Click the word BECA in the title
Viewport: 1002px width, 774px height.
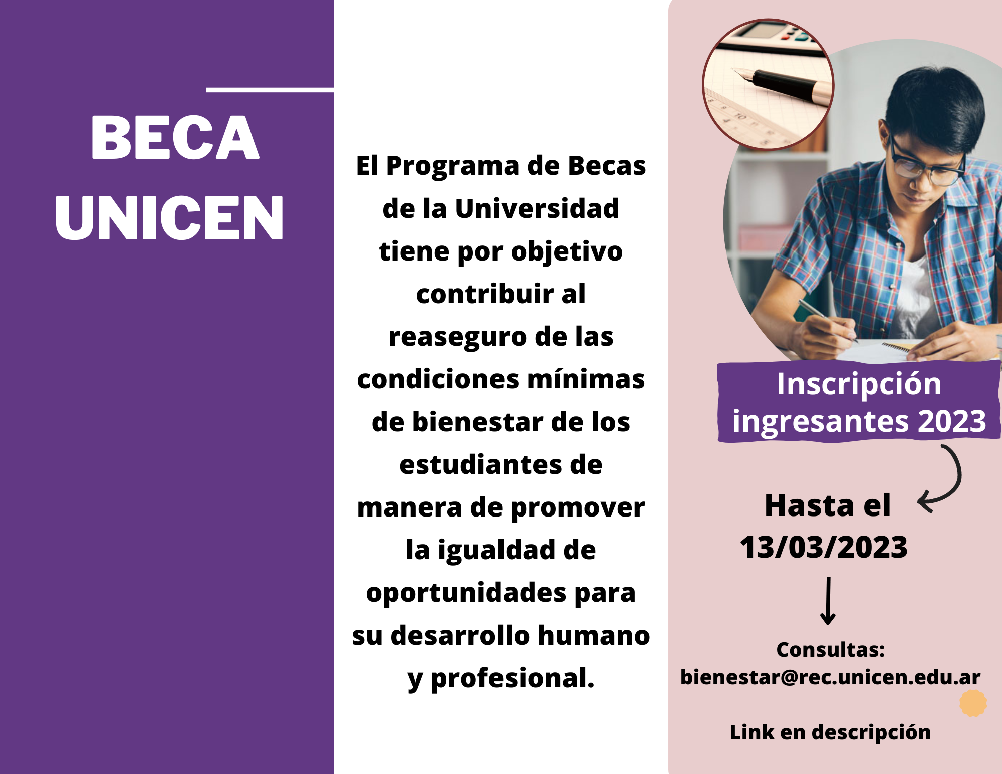[175, 137]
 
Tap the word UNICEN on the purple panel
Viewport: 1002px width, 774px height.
[169, 217]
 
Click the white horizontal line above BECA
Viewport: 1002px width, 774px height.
[270, 90]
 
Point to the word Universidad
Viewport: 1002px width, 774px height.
[537, 208]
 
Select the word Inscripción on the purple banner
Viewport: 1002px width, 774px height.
[859, 385]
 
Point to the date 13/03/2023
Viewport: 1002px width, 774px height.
[824, 547]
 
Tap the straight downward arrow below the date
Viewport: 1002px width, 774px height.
[828, 601]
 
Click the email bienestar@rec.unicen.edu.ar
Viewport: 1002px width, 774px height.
[830, 677]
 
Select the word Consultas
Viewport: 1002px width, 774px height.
[830, 650]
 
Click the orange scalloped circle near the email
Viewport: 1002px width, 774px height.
[973, 703]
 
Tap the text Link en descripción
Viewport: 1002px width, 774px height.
[830, 732]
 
